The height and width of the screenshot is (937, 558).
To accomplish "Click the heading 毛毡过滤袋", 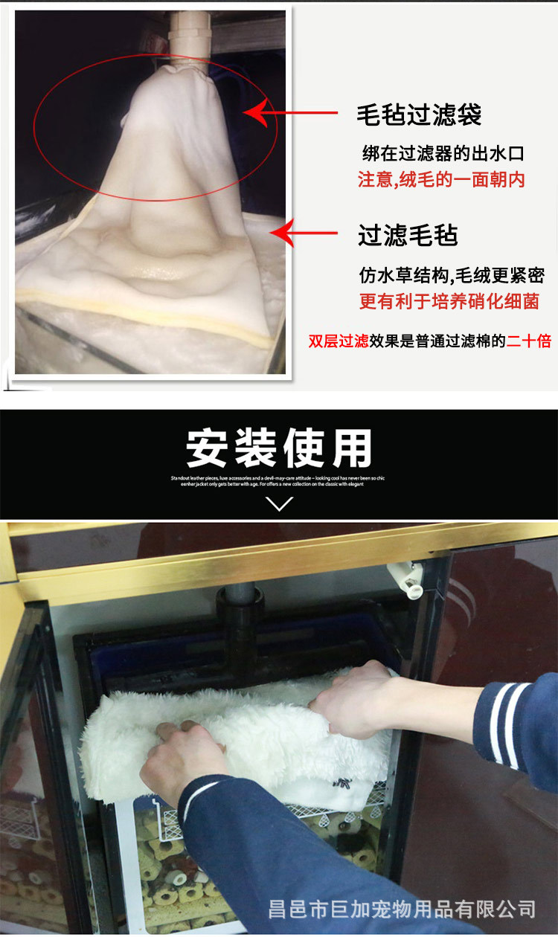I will pyautogui.click(x=419, y=115).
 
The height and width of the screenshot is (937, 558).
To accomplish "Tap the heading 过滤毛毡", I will pyautogui.click(x=408, y=235).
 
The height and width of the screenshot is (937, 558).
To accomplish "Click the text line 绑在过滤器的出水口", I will pyautogui.click(x=443, y=154).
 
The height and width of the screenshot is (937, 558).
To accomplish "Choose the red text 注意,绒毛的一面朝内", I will pyautogui.click(x=441, y=179).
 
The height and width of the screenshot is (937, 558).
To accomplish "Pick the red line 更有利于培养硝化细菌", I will pyautogui.click(x=449, y=301).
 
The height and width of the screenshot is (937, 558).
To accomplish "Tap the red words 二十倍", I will pyautogui.click(x=529, y=341).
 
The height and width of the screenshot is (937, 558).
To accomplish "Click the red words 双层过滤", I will pyautogui.click(x=339, y=341).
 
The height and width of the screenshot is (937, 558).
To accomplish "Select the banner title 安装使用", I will pyautogui.click(x=279, y=448).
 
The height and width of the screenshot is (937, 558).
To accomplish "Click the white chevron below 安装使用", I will pyautogui.click(x=279, y=504).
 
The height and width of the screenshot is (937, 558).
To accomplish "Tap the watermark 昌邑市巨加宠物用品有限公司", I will pyautogui.click(x=402, y=908).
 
